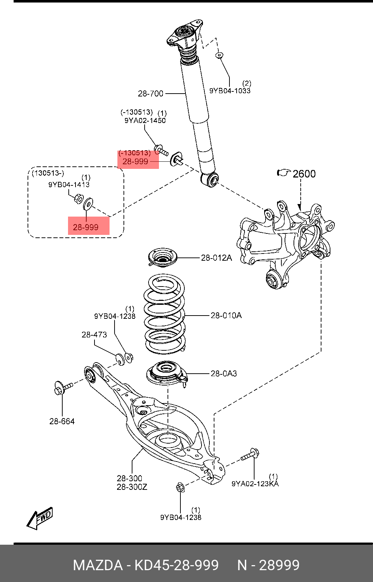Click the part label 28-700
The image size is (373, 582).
point(150,94)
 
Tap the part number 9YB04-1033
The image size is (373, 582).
point(230,91)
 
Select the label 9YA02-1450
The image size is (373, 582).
point(145,120)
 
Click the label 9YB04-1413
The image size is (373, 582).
point(69,185)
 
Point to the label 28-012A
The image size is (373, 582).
point(217,258)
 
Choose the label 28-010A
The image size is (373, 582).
point(226,316)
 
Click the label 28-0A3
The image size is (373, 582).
point(224,373)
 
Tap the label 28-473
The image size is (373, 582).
point(94,335)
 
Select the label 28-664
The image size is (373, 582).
point(62,421)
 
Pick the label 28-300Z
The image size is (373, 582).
point(132,487)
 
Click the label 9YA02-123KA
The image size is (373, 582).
point(255,483)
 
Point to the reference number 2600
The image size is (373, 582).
point(304,174)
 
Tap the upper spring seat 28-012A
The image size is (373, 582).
point(163,258)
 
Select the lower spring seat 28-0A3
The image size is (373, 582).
point(166,374)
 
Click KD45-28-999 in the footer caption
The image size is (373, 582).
point(176,565)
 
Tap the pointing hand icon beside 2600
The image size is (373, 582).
point(284,172)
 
